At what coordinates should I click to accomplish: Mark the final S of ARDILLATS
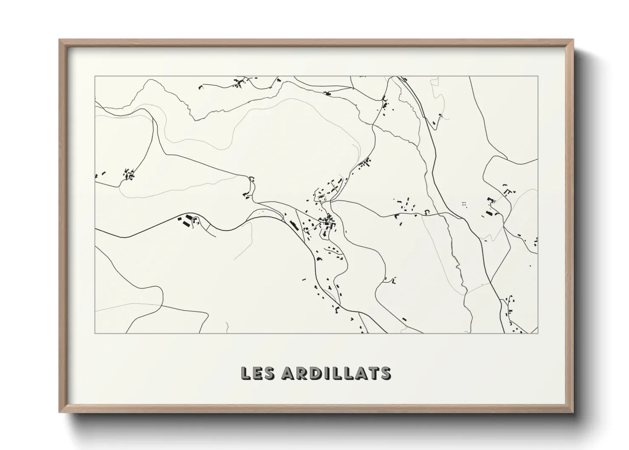(x=385, y=373)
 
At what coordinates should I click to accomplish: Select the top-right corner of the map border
(x=538, y=77)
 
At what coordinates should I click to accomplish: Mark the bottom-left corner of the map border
(x=95, y=333)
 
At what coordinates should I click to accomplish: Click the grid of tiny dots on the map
(x=464, y=204)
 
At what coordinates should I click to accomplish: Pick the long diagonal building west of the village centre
(x=294, y=225)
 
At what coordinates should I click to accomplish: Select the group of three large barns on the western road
(x=184, y=220)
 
